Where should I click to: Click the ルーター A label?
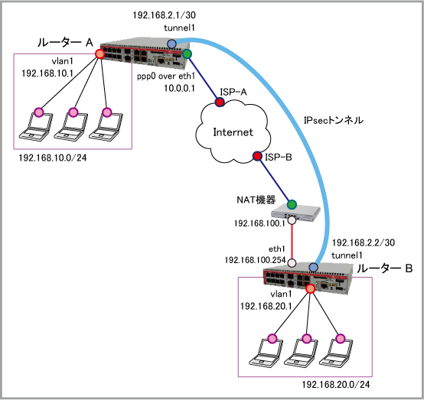[x=65, y=42]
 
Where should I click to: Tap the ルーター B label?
[x=384, y=268]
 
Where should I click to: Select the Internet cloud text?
[x=233, y=132]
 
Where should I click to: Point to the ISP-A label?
[x=233, y=92]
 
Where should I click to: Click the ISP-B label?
[x=279, y=157]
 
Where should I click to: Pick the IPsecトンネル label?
[x=334, y=120]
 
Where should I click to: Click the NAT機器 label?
[x=256, y=200]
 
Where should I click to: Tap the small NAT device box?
[x=296, y=213]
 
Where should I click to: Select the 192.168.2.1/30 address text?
[x=164, y=15]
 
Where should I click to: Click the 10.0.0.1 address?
[x=180, y=88]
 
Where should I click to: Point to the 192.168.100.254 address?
[x=255, y=260]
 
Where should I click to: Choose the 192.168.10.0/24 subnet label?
[x=53, y=158]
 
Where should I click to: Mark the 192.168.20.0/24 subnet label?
[x=335, y=385]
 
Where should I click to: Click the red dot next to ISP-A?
[x=220, y=102]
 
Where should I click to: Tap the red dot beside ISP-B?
[x=257, y=156]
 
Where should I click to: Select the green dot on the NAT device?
[x=292, y=205]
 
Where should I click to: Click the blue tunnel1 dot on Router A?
[x=171, y=44]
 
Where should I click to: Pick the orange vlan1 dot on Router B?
[x=311, y=289]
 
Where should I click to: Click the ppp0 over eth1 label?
[x=166, y=76]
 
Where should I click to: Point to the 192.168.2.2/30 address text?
[x=364, y=242]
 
